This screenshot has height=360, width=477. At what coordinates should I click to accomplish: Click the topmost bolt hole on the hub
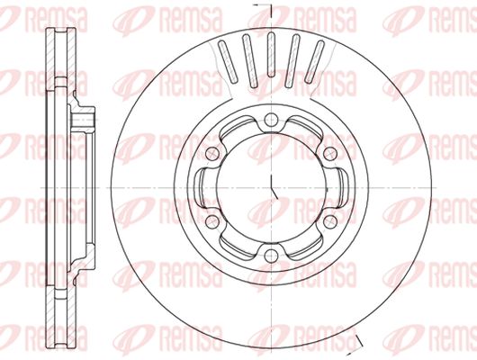pyautogui.click(x=271, y=120)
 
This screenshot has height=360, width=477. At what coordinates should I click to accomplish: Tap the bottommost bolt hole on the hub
pyautogui.click(x=271, y=256)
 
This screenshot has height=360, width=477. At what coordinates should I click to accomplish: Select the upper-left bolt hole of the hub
pyautogui.click(x=212, y=154)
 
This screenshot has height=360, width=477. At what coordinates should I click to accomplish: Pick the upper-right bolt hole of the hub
pyautogui.click(x=330, y=154)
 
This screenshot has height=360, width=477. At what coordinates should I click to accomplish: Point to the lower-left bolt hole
pyautogui.click(x=212, y=221)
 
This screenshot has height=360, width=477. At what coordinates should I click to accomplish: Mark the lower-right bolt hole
pyautogui.click(x=330, y=221)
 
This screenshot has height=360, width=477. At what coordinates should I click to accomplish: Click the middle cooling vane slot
pyautogui.click(x=271, y=55)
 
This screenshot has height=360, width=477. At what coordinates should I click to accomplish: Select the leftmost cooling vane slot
pyautogui.click(x=228, y=62)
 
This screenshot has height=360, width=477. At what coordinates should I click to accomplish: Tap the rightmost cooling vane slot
pyautogui.click(x=315, y=62)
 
